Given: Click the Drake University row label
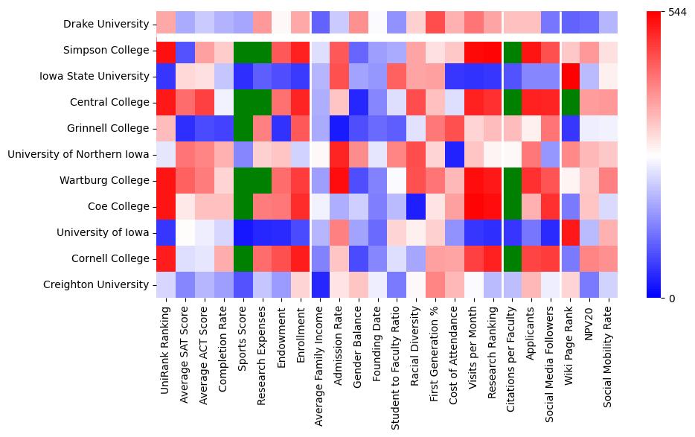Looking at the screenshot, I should tap(106, 24).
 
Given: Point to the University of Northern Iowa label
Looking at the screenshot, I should tap(78, 154).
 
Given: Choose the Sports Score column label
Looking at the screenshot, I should tap(243, 342).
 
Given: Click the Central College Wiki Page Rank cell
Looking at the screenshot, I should tap(570, 102).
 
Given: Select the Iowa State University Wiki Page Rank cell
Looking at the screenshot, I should tap(570, 76).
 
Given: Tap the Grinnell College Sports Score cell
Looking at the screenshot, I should tap(243, 128).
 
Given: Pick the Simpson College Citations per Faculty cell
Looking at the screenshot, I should tap(512, 50).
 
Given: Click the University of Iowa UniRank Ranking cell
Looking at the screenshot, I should tap(166, 232).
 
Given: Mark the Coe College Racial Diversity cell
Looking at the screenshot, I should tap(416, 206).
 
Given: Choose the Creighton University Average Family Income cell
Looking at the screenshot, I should tap(320, 284).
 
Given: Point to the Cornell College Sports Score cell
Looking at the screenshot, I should tap(243, 258).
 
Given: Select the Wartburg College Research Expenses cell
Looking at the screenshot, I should tap(262, 180).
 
